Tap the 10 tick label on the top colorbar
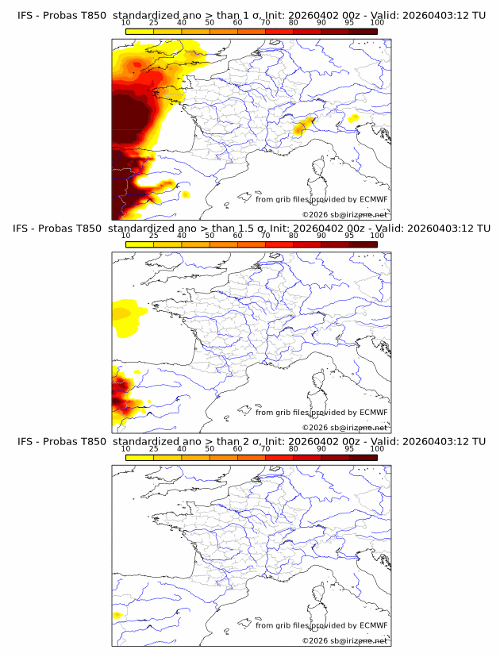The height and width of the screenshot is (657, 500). click(x=126, y=23)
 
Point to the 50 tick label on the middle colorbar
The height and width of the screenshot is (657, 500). click(x=210, y=236)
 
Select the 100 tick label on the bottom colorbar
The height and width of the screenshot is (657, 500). click(x=377, y=448)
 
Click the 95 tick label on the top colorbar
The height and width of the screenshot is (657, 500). click(x=349, y=23)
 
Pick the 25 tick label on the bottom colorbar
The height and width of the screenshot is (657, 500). click(x=154, y=448)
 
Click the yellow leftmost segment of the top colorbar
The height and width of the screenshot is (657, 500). click(x=140, y=32)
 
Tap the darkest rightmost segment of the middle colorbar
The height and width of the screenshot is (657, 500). click(x=363, y=244)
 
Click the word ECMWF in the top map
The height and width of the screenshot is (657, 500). click(x=373, y=200)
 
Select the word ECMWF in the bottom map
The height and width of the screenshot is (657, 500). click(x=373, y=625)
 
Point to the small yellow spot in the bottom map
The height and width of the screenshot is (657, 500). click(x=117, y=615)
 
